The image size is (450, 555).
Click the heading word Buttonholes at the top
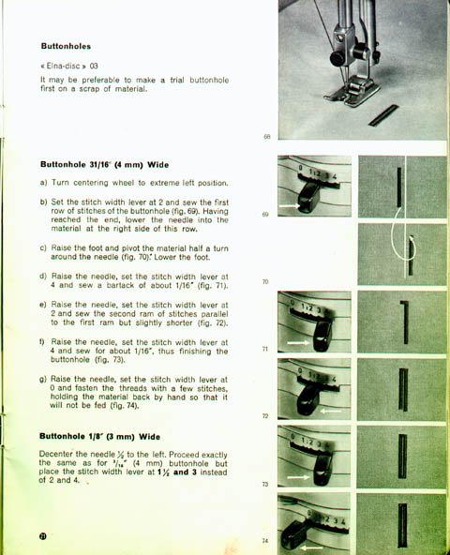tap(66, 46)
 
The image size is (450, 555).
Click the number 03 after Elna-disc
tap(94, 66)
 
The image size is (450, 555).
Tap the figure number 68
tap(267, 137)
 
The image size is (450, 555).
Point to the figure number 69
tap(265, 214)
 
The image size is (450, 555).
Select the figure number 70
tap(265, 282)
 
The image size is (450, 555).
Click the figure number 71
tap(265, 349)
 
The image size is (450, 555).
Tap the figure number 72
tap(265, 416)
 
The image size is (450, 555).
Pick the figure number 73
tap(265, 484)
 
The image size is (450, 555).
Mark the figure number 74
tap(265, 541)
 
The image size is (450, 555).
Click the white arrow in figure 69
tap(290, 205)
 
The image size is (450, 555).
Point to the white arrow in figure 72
tap(330, 411)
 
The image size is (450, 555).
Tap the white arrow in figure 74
tap(311, 547)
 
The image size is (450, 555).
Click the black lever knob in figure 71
tap(322, 337)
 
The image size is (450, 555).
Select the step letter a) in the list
tap(43, 183)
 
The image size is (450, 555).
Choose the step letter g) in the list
tap(43, 380)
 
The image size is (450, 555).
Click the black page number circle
tap(43, 536)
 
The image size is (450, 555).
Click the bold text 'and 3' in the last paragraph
tap(185, 472)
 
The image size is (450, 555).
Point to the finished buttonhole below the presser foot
tap(383, 115)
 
